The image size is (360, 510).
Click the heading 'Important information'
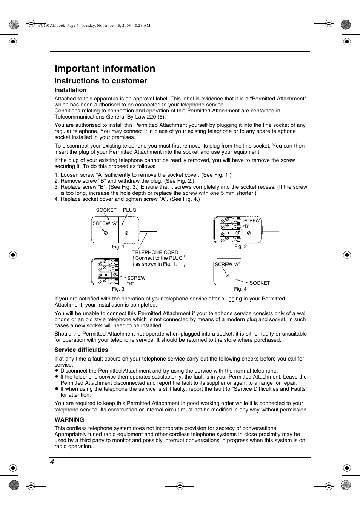pyautogui.click(x=105, y=68)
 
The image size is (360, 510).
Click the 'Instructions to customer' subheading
pyautogui.click(x=101, y=81)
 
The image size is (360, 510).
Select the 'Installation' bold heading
pyautogui.click(x=70, y=90)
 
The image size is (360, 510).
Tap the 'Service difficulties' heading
pyautogui.click(x=81, y=350)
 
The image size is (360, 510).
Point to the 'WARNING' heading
pyautogui.click(x=69, y=420)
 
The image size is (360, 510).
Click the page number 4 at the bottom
pyautogui.click(x=52, y=462)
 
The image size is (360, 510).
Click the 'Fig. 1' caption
pyautogui.click(x=118, y=247)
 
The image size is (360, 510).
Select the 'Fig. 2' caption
pyautogui.click(x=240, y=247)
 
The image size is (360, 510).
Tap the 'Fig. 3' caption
pyautogui.click(x=118, y=289)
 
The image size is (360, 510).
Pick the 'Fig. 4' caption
pyautogui.click(x=240, y=289)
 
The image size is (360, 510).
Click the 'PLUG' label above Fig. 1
pyautogui.click(x=129, y=210)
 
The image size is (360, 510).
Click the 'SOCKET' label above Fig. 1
pyautogui.click(x=106, y=210)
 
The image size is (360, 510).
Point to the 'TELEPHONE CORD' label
pyautogui.click(x=155, y=252)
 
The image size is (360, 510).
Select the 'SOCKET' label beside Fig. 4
pyautogui.click(x=260, y=283)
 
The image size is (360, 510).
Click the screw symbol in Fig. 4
pyautogui.click(x=228, y=275)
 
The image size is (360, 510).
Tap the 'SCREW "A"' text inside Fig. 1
pyautogui.click(x=105, y=223)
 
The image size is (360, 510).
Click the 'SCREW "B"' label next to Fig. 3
pyautogui.click(x=136, y=280)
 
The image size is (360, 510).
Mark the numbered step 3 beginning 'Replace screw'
pyautogui.click(x=181, y=190)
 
